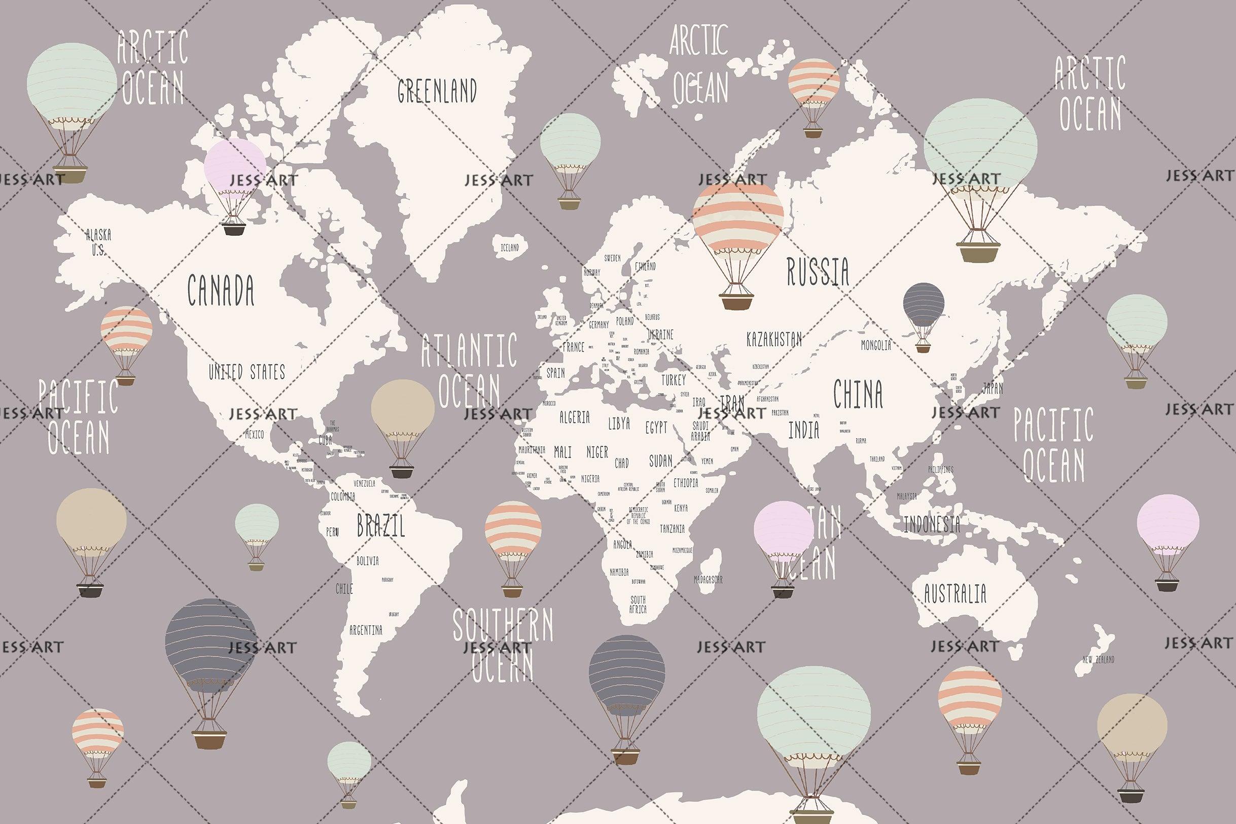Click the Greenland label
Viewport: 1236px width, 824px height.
(x=437, y=90)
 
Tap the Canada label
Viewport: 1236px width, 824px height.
(x=221, y=290)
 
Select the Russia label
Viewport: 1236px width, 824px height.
(x=818, y=271)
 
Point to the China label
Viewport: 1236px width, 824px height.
(x=858, y=394)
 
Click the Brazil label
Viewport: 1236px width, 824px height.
(x=381, y=525)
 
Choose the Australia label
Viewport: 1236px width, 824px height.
(x=955, y=594)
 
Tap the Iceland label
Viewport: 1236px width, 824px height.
(x=509, y=247)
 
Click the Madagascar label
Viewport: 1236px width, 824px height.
(x=708, y=580)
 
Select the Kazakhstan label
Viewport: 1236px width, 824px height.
(x=774, y=339)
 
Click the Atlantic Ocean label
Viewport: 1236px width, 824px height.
(x=469, y=371)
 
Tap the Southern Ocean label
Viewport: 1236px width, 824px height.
(x=503, y=646)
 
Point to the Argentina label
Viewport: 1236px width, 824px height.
(x=366, y=630)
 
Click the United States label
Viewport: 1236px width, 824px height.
(x=246, y=372)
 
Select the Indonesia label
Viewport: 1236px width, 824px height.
(x=931, y=524)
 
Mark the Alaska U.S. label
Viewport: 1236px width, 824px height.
(x=98, y=242)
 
